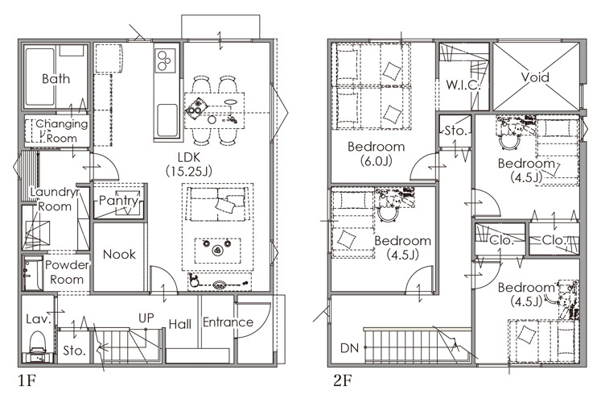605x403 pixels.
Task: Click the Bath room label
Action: [56, 79]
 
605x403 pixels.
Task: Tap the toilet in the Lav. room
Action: [38, 345]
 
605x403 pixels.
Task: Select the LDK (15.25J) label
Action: [189, 164]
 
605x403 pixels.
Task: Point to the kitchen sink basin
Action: [167, 120]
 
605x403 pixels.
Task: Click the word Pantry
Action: [118, 201]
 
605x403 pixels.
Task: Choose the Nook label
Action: [119, 254]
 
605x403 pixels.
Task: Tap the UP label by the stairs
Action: [146, 318]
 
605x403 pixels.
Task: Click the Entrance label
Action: [228, 322]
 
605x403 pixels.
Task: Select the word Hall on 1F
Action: [179, 324]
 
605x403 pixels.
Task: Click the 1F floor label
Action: [27, 381]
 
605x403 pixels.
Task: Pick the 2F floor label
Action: [343, 381]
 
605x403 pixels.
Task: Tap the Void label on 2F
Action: [535, 77]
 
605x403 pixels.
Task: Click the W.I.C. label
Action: [463, 85]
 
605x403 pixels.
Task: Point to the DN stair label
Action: [350, 348]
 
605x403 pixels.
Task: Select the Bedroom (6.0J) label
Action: [377, 153]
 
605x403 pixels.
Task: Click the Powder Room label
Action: [67, 272]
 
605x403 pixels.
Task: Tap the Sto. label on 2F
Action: [455, 131]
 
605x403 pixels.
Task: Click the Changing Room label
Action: [62, 131]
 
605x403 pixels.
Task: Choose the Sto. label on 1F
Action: [74, 351]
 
